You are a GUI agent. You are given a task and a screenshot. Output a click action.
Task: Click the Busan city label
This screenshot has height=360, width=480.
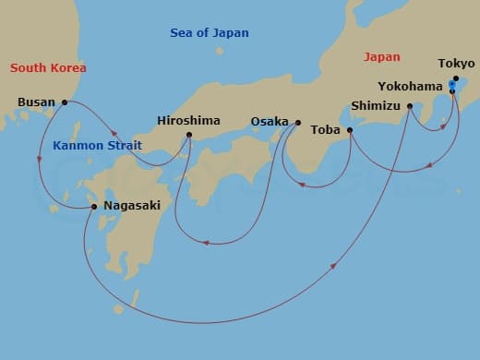(36, 102)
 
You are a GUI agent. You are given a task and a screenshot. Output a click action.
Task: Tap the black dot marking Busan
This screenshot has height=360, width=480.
(64, 102)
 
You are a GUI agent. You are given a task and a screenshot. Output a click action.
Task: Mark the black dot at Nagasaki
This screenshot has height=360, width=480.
(95, 207)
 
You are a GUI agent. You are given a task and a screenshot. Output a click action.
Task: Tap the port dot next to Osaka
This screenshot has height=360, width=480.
(298, 122)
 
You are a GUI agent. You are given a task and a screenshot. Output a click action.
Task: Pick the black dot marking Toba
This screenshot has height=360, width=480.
(350, 131)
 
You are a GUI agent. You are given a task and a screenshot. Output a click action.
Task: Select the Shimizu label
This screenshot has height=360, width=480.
(377, 106)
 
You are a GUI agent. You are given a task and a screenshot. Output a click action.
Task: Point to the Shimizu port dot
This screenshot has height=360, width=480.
(409, 106)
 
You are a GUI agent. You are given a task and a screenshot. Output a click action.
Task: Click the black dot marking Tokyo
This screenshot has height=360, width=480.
(455, 79)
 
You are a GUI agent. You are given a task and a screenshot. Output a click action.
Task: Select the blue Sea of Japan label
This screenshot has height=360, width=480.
(210, 33)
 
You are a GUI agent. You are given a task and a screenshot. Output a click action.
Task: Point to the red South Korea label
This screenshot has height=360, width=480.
(47, 68)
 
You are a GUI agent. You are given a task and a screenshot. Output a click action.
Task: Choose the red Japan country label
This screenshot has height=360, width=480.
(382, 57)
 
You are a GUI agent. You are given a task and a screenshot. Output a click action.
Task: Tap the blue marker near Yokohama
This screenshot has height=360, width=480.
(451, 85)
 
